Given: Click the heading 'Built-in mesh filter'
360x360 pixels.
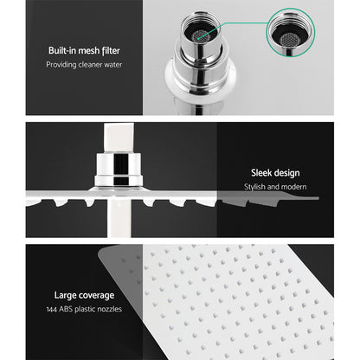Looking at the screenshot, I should point(84,62).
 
